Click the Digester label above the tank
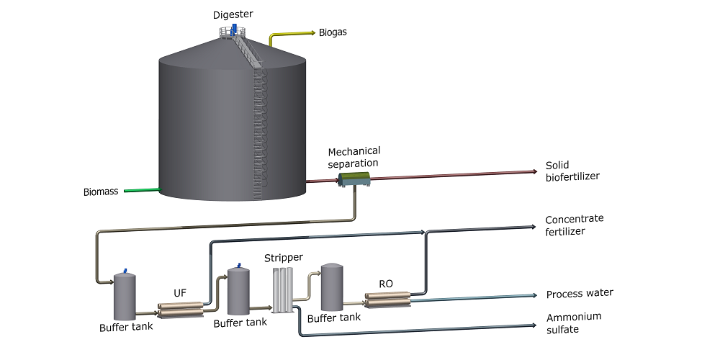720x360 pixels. click(233, 14)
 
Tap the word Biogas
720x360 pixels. click(333, 32)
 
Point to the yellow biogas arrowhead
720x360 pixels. click(313, 32)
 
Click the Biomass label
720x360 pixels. click(101, 192)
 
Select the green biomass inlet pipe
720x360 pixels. click(142, 189)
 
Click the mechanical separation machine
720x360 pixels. click(354, 179)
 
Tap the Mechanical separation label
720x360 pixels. click(354, 156)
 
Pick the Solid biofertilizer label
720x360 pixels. click(572, 171)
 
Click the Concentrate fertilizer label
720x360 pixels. click(574, 225)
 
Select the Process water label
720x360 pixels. click(580, 294)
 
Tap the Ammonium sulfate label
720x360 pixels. click(574, 323)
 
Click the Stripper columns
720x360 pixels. click(282, 290)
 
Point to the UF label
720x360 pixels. click(180, 292)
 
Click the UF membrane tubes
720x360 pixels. click(180, 310)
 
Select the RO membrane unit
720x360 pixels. click(387, 300)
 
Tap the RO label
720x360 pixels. click(386, 284)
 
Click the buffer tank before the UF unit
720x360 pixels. click(125, 296)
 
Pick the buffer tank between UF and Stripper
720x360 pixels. click(239, 291)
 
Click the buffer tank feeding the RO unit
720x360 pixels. click(332, 287)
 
